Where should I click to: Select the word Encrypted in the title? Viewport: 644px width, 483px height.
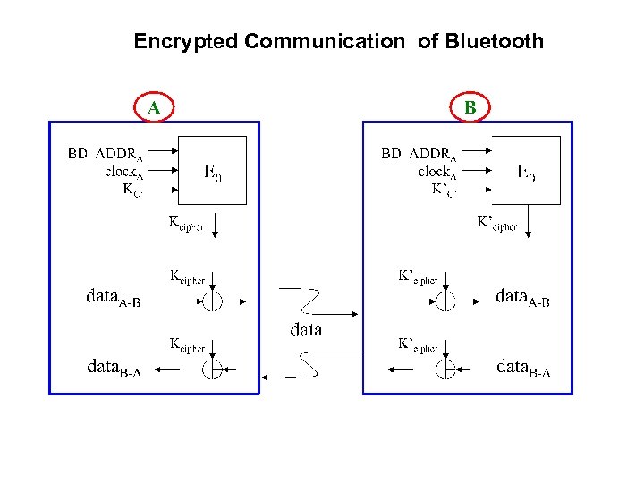pos(185,41)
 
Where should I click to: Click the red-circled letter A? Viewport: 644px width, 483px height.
pos(155,108)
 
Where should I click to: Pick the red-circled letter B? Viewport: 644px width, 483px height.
pos(470,108)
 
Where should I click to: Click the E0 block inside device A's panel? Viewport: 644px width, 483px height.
pos(213,171)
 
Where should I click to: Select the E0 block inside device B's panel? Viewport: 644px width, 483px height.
pos(527,171)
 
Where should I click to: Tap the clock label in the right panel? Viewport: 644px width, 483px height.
pos(437,171)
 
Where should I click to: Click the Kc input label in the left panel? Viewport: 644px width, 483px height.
pos(131,189)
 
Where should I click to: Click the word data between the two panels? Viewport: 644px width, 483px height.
pos(306,330)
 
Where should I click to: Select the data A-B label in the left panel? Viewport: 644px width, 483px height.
pos(114,297)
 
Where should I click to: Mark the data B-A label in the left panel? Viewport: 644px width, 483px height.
pos(114,367)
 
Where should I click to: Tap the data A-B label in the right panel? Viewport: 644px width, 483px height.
pos(522,297)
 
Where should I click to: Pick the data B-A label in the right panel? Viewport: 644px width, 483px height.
pos(523,367)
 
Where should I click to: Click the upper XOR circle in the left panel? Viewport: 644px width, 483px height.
pos(212,301)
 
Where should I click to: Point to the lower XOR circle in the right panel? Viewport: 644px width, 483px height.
pos(445,369)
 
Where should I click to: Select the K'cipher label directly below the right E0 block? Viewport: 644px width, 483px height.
pos(497,224)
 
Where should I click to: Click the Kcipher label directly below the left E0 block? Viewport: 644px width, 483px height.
pos(186,224)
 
